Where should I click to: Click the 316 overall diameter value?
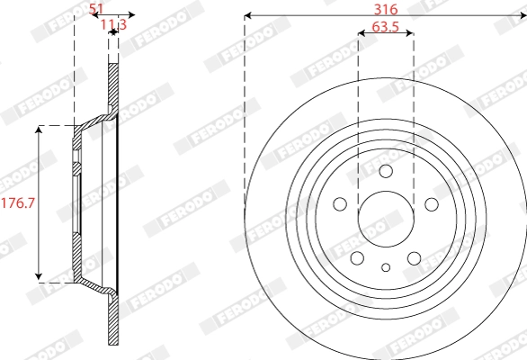pos(385,7)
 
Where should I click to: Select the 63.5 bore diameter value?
pos(385,28)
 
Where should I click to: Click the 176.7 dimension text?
pos(17,202)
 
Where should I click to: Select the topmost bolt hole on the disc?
pos(386,172)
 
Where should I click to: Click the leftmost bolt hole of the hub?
pos(341,204)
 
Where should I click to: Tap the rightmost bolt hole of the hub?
pos(431,204)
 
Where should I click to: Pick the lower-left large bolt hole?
pos(358,258)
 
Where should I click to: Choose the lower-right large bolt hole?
pos(414,258)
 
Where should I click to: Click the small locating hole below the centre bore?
pos(386,267)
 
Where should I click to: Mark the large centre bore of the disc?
pos(386,219)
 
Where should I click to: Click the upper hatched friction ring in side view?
pos(113,85)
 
